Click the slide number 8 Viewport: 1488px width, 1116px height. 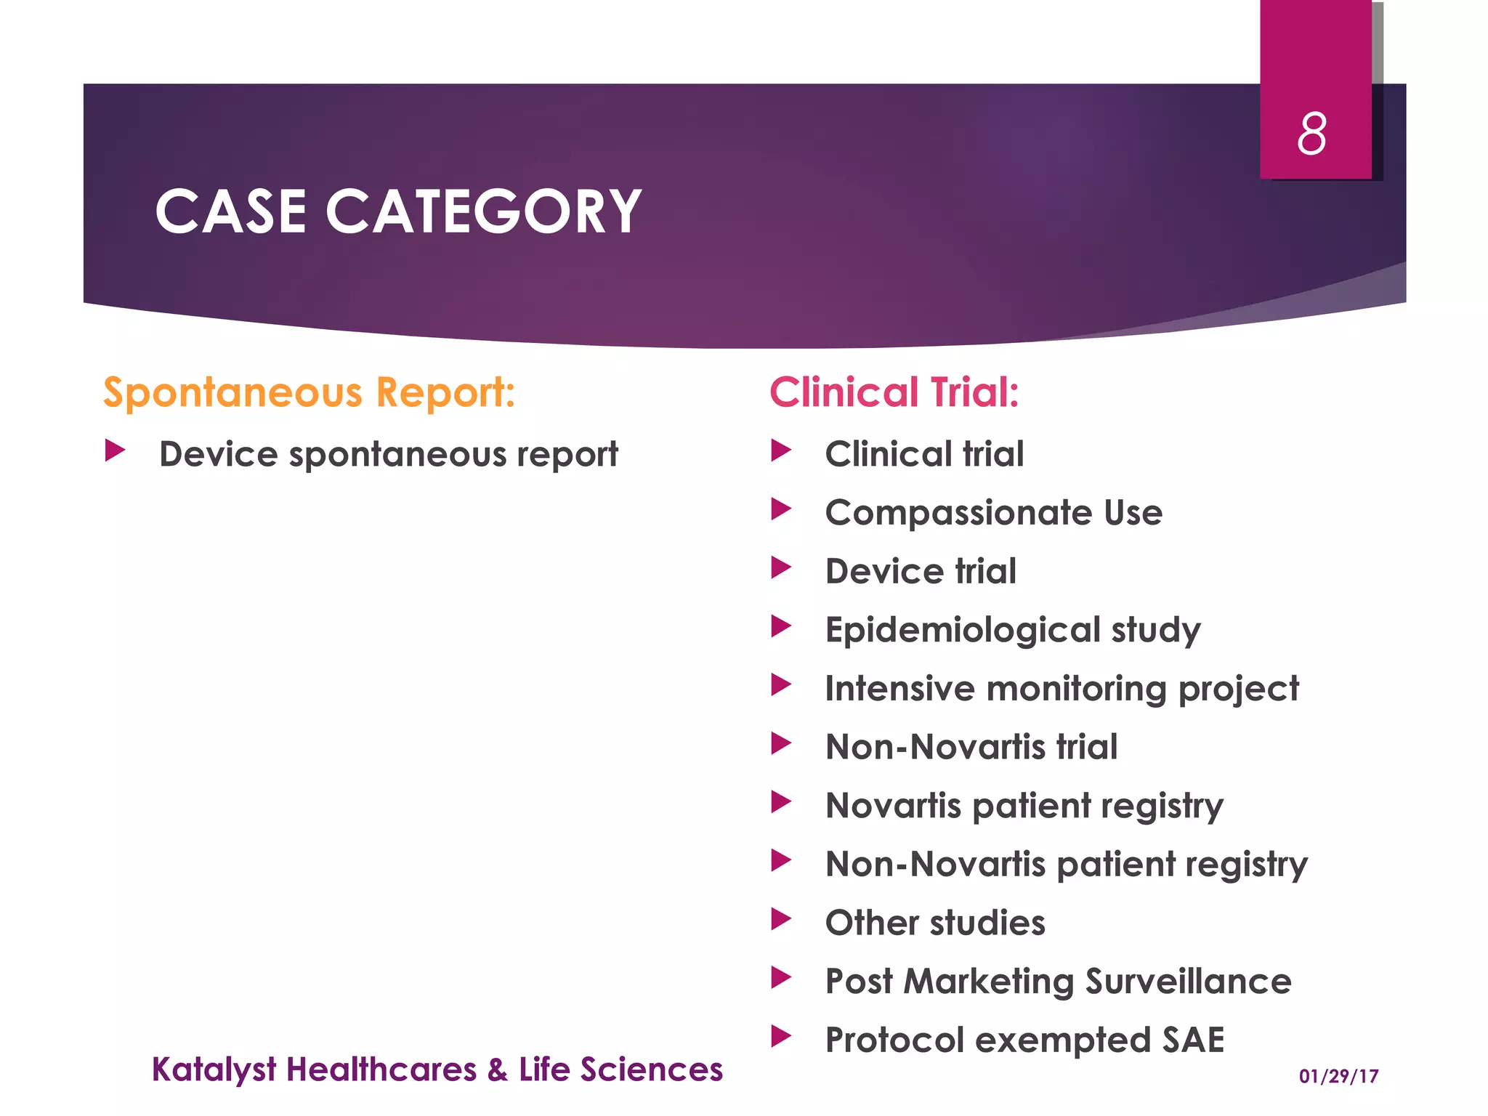(x=1311, y=134)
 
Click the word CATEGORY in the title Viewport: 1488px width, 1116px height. (x=483, y=211)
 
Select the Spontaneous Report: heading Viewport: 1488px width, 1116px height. (x=309, y=392)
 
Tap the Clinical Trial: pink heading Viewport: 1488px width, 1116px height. (x=894, y=392)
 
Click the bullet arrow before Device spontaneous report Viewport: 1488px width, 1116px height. (x=115, y=450)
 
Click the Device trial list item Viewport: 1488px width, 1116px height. (x=921, y=571)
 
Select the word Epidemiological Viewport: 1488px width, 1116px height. (x=963, y=630)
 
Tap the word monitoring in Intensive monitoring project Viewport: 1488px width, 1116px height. (x=1075, y=689)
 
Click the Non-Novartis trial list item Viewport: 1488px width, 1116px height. (x=971, y=747)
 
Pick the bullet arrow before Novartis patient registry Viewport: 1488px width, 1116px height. (x=781, y=802)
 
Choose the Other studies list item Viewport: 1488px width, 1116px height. (x=935, y=923)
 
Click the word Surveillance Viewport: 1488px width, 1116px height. (x=1188, y=982)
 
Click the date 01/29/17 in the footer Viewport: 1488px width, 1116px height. (x=1338, y=1076)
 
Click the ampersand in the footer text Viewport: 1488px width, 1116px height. (x=497, y=1070)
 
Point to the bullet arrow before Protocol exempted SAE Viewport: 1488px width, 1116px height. (x=781, y=1036)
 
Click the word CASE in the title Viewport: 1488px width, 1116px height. (x=230, y=211)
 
